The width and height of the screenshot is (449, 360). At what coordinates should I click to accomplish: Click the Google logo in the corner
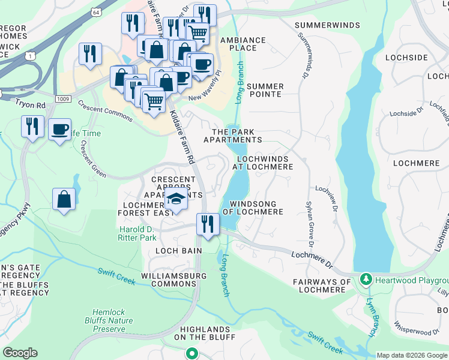tap(20, 353)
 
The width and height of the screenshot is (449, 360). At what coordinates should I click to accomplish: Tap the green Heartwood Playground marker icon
tap(365, 280)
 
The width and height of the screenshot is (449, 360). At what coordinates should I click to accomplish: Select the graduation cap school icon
tap(176, 200)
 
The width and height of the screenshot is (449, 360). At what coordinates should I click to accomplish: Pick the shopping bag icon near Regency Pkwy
tap(64, 199)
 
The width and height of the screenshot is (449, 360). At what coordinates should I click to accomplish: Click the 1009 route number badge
tap(62, 98)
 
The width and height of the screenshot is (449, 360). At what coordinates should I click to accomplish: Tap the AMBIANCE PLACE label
tap(243, 44)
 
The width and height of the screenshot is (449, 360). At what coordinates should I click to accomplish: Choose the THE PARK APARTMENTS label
tap(233, 136)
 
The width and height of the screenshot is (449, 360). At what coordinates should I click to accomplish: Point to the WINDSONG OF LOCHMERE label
tap(253, 208)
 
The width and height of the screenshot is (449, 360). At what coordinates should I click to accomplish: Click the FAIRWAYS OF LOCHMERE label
tap(322, 286)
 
